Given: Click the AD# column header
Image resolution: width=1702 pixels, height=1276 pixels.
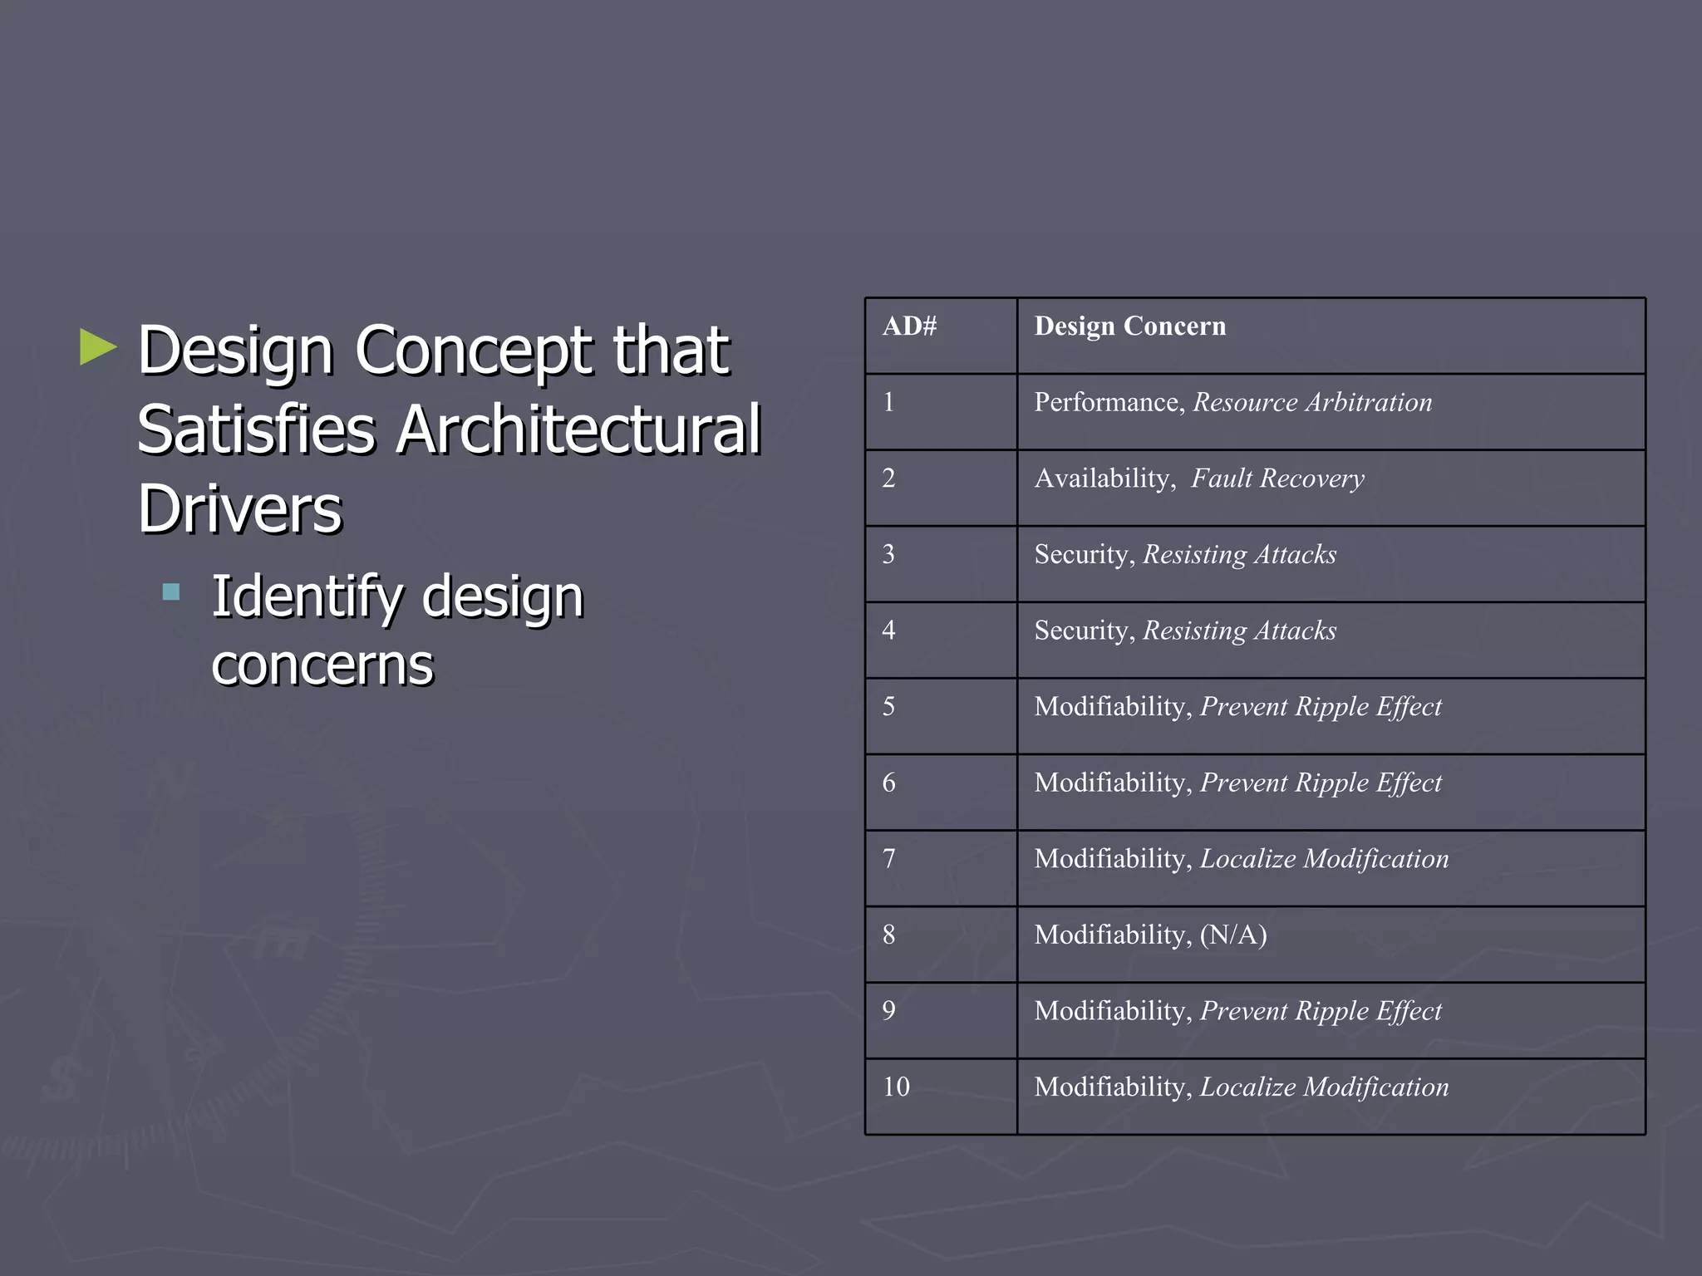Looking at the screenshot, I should [909, 326].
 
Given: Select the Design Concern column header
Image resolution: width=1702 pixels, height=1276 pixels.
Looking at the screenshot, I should [1129, 326].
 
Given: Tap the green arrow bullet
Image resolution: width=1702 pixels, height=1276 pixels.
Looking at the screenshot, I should [98, 347].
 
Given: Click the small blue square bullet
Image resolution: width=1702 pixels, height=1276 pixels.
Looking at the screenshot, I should [171, 591].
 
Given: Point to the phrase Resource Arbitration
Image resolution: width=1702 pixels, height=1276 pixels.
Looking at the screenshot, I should [1312, 403].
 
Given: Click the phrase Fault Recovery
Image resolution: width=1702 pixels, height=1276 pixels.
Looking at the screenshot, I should [1277, 478].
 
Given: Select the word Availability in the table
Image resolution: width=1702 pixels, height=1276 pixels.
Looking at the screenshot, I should [1102, 478].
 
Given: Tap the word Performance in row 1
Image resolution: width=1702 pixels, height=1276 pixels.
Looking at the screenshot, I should [1108, 403].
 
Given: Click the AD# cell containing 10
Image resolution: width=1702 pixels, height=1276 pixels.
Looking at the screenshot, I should [896, 1087].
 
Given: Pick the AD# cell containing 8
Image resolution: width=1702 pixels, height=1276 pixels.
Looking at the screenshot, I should [888, 935].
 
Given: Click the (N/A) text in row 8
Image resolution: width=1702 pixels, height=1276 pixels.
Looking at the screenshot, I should [1233, 935].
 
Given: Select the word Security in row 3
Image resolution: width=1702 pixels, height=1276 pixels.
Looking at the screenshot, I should [1084, 555].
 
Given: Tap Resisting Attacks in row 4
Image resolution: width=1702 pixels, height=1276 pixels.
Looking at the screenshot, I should [1239, 631].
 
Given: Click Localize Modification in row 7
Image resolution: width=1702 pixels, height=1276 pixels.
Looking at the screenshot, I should [1324, 859].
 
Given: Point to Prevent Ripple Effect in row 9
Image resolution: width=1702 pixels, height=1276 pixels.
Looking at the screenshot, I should [1321, 1011].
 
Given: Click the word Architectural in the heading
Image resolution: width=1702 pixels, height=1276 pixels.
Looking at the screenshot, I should [578, 429].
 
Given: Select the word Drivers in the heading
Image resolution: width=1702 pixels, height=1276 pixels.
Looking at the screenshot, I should [239, 508].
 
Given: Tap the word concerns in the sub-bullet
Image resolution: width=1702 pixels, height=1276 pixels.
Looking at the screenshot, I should [322, 665].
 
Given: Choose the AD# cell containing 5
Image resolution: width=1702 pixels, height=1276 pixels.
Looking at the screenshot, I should [888, 707].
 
